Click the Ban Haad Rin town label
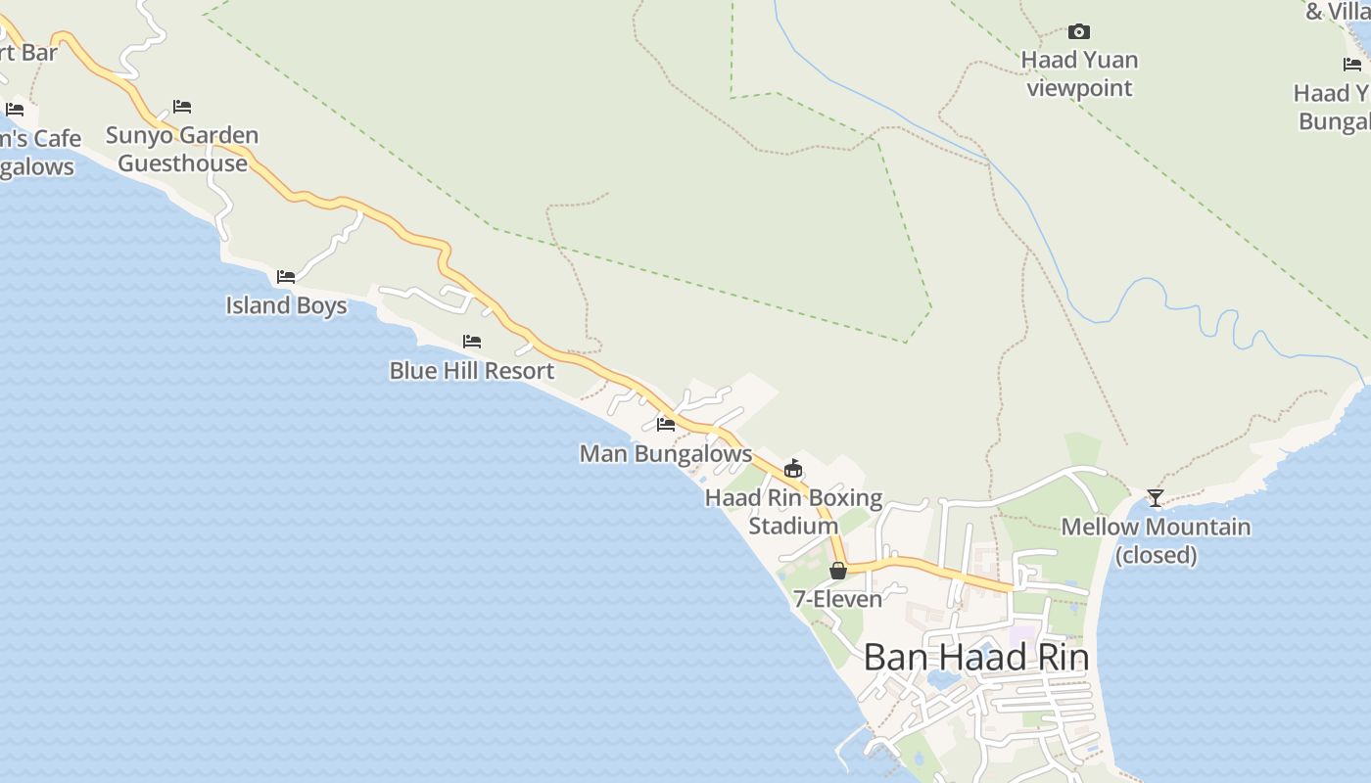click(x=975, y=657)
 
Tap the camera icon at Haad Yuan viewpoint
click(x=1079, y=32)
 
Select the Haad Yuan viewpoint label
click(x=1079, y=73)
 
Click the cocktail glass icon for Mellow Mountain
click(x=1156, y=497)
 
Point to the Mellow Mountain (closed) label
click(x=1156, y=540)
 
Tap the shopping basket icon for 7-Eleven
click(x=838, y=571)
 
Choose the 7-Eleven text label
click(x=837, y=598)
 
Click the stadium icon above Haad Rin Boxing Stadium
click(x=793, y=469)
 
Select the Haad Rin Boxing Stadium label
click(x=793, y=512)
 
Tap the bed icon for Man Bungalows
click(x=666, y=425)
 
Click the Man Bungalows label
click(x=666, y=454)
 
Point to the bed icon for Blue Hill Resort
click(x=472, y=342)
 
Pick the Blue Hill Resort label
click(x=472, y=371)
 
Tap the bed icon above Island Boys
click(x=286, y=277)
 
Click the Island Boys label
click(x=286, y=305)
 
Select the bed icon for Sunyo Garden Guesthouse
click(x=182, y=107)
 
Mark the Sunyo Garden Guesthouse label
click(x=182, y=149)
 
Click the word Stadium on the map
click(x=793, y=526)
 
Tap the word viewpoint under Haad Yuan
click(x=1079, y=88)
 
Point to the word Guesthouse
click(x=182, y=163)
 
